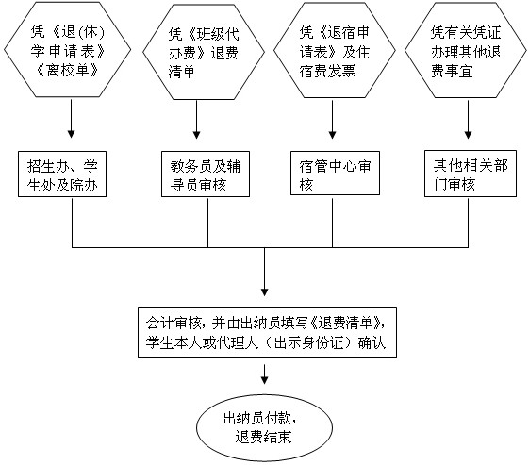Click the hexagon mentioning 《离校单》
[x=68, y=50]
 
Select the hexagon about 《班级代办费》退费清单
[x=204, y=52]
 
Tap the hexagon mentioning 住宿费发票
[x=335, y=51]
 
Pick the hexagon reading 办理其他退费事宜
[x=466, y=51]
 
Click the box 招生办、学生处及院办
[x=62, y=174]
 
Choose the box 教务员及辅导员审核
[x=206, y=174]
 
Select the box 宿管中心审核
[x=335, y=174]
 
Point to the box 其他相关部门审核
[x=471, y=174]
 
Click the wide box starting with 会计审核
[x=267, y=333]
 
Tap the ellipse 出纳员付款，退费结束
[x=264, y=428]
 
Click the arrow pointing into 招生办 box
[x=71, y=119]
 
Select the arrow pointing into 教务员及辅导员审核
[x=197, y=120]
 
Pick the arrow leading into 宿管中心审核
[x=332, y=120]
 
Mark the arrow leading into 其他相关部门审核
[x=468, y=120]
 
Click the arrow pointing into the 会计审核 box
[x=264, y=272]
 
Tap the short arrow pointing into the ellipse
[x=264, y=374]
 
